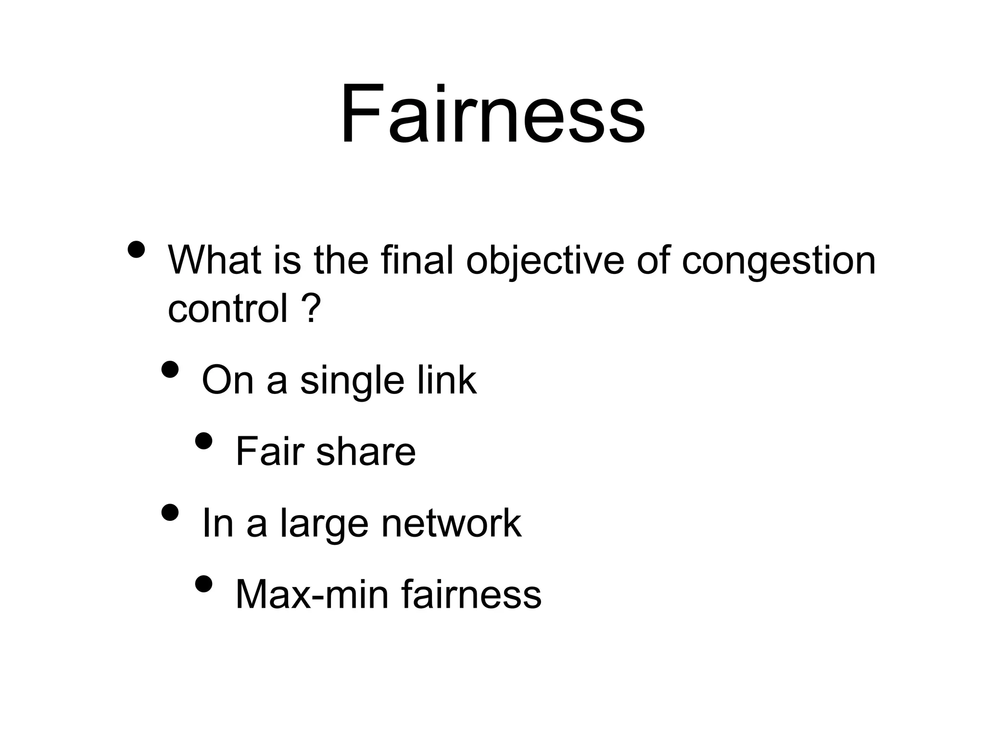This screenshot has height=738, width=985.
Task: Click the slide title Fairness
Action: coord(492,114)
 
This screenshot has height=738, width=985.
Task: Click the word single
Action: coord(352,381)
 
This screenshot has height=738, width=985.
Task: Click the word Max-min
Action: coord(312,594)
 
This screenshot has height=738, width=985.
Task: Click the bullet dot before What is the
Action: coord(137,249)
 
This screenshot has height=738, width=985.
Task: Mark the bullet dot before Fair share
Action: coord(204,441)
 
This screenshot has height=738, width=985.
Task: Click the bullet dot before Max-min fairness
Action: coord(204,584)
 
